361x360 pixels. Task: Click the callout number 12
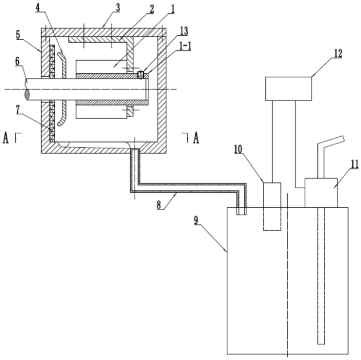click(x=336, y=53)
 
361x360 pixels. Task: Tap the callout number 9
click(x=196, y=220)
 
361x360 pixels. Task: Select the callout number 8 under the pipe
click(x=159, y=205)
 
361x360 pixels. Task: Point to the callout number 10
click(x=238, y=149)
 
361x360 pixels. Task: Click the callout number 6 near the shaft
click(x=17, y=61)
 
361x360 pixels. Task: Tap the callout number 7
click(x=18, y=110)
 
